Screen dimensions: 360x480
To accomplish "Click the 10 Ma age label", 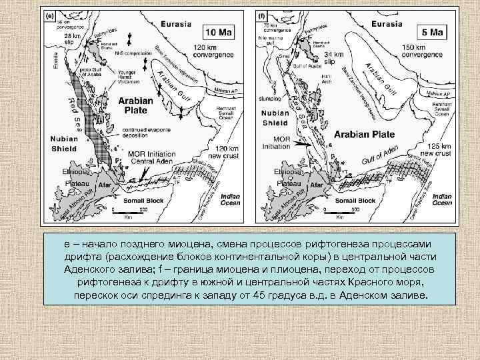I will coord(218,31).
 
